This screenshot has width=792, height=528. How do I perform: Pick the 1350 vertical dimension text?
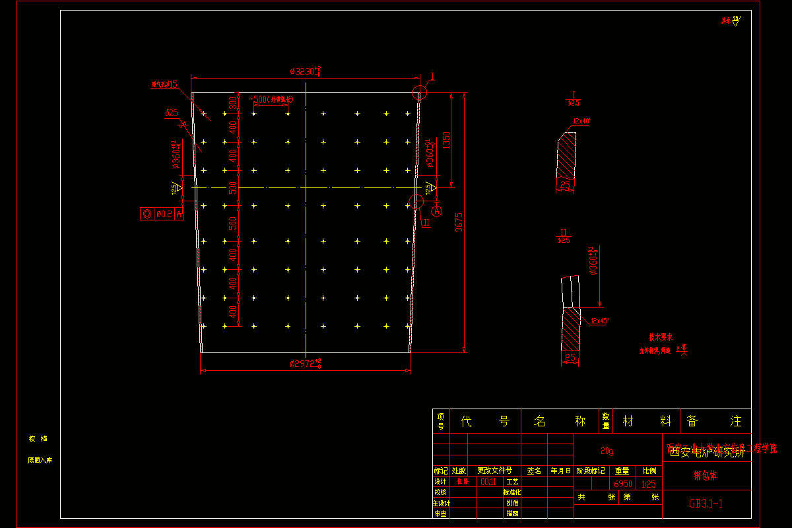[x=445, y=140]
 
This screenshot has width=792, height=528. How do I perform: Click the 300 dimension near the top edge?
[x=232, y=103]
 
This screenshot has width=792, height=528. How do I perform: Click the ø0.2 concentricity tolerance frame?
[x=162, y=214]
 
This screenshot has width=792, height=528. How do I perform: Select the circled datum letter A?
[x=436, y=211]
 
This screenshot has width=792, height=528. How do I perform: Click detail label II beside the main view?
[x=427, y=223]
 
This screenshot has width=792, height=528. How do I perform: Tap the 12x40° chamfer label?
[x=582, y=121]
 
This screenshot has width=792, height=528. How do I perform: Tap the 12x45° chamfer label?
[x=599, y=321]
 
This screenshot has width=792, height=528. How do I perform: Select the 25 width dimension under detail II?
[x=571, y=358]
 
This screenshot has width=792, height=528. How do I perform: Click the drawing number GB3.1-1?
[x=706, y=504]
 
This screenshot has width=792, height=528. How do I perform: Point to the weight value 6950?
[x=623, y=484]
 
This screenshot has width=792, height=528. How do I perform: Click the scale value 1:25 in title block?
[x=648, y=484]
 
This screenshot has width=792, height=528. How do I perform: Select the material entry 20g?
[x=607, y=451]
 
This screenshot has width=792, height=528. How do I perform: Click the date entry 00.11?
[x=489, y=482]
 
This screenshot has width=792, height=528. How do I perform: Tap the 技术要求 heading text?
[x=660, y=337]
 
